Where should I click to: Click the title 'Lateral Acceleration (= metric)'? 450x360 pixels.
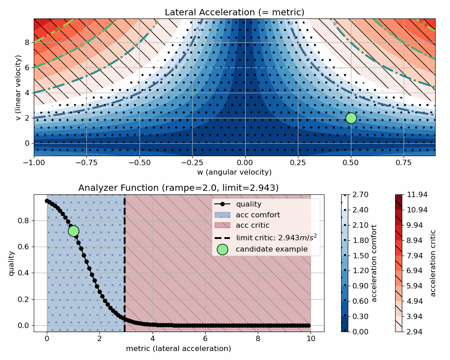(234, 12)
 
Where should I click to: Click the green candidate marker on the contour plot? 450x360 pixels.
(351, 118)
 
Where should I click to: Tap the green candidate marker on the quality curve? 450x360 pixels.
(73, 231)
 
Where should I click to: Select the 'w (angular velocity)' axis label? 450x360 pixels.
(234, 172)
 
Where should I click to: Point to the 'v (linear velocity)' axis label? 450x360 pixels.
(18, 87)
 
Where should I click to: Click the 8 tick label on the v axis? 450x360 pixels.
(27, 43)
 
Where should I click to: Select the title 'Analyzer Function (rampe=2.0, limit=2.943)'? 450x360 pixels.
(179, 188)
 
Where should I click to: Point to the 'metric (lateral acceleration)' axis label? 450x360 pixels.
(179, 349)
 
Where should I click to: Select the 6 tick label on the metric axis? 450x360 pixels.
(205, 338)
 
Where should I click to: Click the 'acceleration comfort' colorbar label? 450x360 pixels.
(374, 263)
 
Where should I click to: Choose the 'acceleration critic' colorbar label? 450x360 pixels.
(433, 263)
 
